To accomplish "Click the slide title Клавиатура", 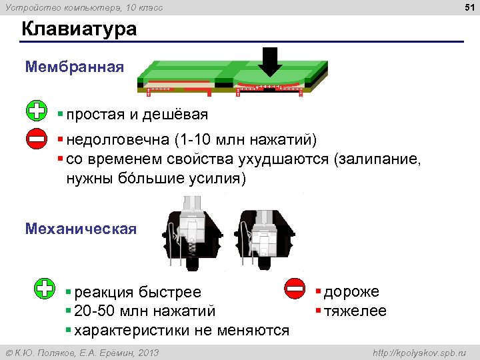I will pos(79,30).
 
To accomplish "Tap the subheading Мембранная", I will pos(74,67).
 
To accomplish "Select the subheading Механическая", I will pos(81,229).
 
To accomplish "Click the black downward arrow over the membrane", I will pos(271,63).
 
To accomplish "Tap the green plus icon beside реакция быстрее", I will pos(45,288).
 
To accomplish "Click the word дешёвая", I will pos(180,115).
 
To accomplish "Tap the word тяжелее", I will pos(355,311).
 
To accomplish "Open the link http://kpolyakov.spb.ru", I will pos(419,353).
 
